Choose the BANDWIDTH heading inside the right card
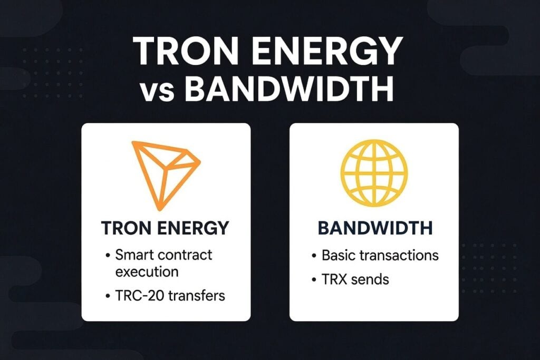(374, 228)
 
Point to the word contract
(186, 256)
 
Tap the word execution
(147, 272)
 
